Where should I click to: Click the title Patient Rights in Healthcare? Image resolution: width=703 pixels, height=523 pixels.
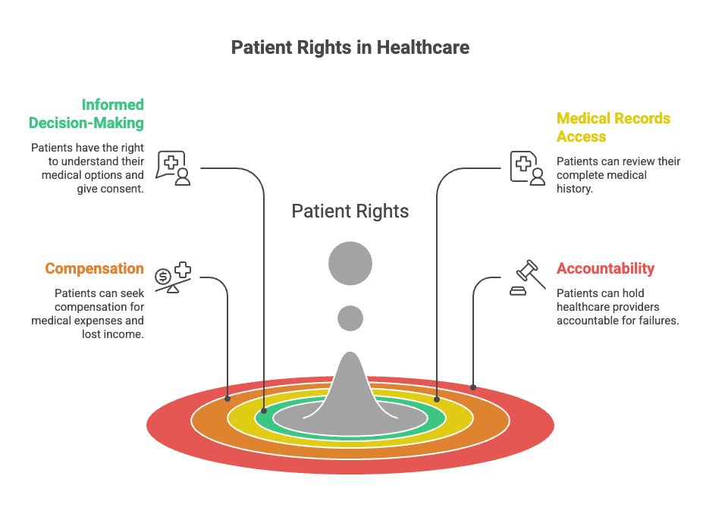click(350, 48)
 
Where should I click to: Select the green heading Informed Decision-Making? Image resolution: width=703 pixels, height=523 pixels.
click(86, 114)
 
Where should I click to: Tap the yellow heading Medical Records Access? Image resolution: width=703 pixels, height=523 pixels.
click(614, 127)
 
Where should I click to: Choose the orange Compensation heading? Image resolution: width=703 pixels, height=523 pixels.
click(94, 268)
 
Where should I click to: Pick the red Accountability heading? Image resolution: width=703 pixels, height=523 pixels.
click(606, 268)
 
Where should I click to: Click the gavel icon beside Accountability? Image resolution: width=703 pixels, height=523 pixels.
click(528, 277)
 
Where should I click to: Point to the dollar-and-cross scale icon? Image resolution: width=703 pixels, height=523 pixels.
click(173, 277)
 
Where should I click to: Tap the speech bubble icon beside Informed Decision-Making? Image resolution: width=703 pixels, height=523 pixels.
click(174, 168)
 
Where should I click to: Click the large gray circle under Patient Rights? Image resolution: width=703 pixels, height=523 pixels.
click(350, 264)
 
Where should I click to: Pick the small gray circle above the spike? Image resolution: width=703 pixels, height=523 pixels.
click(350, 318)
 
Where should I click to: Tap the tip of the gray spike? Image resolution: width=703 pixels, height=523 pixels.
click(350, 352)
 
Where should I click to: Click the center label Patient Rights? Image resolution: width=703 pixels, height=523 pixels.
click(350, 211)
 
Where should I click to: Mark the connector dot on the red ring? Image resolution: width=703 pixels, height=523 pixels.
click(473, 387)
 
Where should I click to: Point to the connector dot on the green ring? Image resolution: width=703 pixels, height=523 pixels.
click(264, 411)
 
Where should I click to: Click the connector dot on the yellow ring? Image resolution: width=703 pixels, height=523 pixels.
click(437, 399)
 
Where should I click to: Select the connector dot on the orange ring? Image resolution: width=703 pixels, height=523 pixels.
click(228, 399)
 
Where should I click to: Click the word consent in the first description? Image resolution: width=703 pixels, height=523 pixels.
click(124, 189)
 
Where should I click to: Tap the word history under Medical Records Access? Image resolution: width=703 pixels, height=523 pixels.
click(575, 189)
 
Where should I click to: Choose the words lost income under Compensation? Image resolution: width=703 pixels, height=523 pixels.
click(112, 334)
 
